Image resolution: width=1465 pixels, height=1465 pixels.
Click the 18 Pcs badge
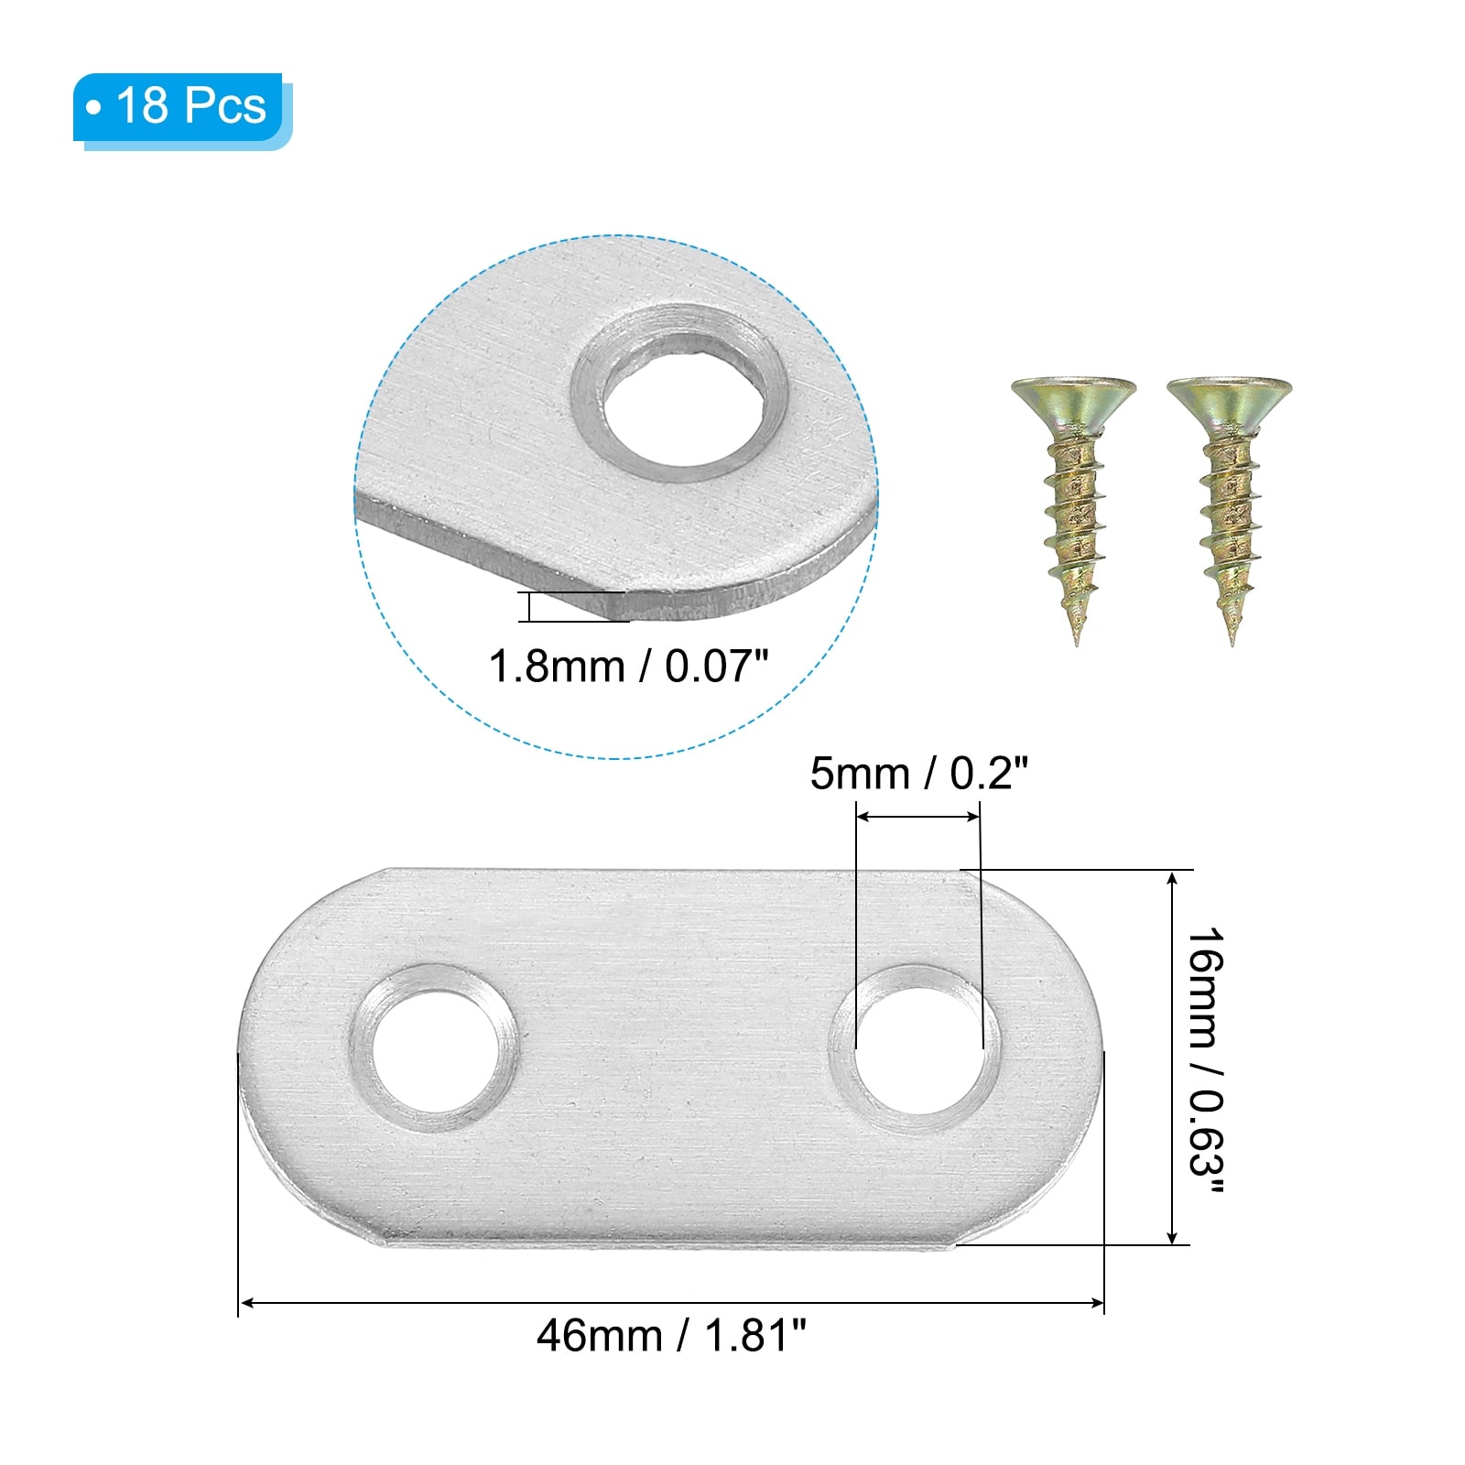pos(181,108)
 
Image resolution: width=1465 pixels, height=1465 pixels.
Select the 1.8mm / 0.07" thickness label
pos(628,667)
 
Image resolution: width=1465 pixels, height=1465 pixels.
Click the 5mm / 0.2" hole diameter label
pos(918,775)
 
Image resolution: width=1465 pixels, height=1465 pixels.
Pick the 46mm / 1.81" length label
pos(671,1336)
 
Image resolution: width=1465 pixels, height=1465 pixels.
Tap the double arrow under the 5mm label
pos(918,817)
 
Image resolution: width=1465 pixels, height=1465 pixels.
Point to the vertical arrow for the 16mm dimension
pos(1173,1058)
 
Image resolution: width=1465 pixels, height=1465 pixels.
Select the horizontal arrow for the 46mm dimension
pos(671,1302)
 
